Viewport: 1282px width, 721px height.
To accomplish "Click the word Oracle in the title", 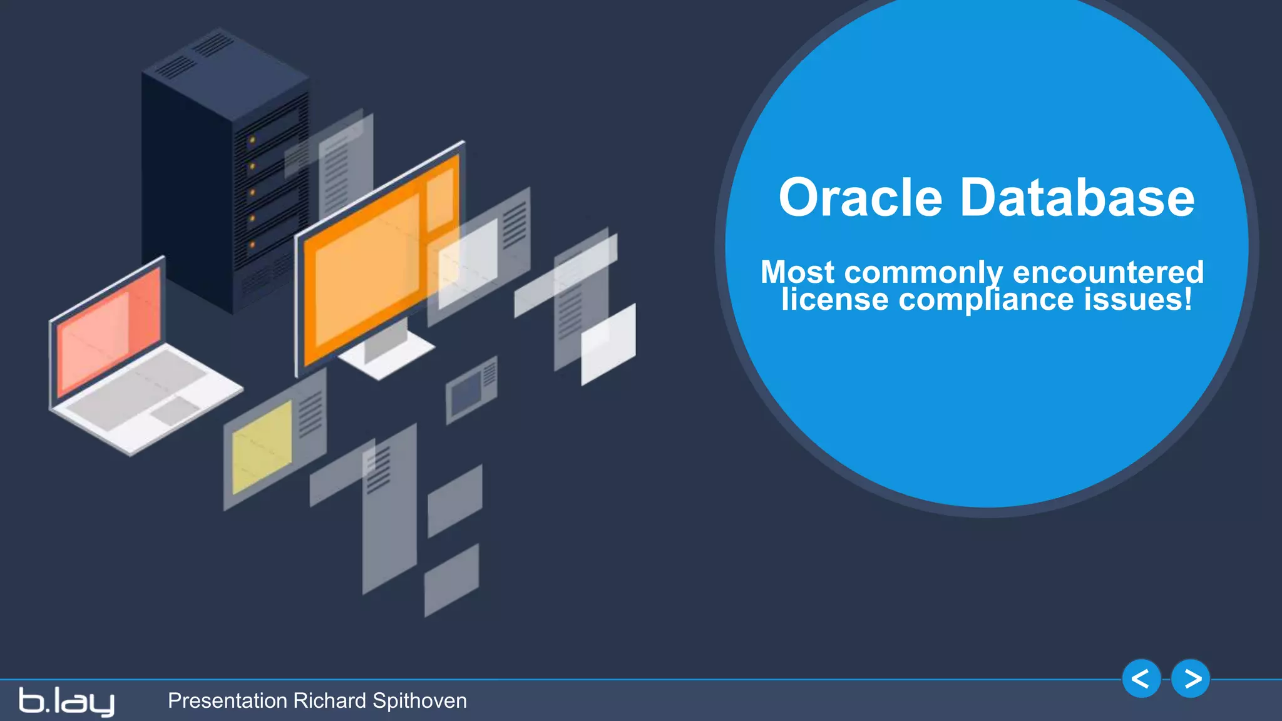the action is point(860,198).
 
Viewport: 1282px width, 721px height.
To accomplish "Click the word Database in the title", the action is point(1077,198).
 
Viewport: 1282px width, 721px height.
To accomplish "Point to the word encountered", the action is point(1108,272).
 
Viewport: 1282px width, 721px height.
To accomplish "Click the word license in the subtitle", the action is point(834,299).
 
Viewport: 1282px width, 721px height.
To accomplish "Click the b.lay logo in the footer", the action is point(66,701).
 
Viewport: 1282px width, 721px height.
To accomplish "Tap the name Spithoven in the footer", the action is point(419,701).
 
